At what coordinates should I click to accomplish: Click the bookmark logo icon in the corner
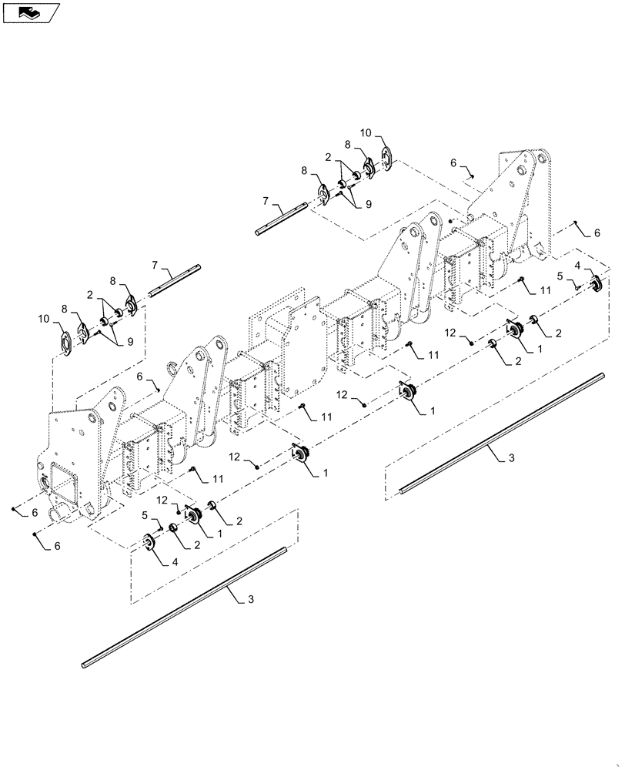point(29,12)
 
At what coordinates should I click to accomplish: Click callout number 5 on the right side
point(561,276)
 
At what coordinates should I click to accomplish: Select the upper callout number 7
point(266,202)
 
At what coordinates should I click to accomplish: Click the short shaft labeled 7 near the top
point(282,217)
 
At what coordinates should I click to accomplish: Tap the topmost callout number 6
point(454,162)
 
